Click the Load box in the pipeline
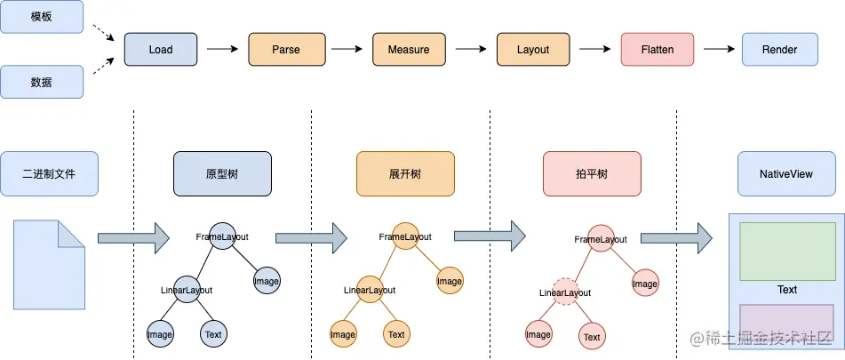tap(161, 50)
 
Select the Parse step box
tap(285, 50)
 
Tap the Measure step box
tap(409, 50)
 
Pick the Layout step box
tap(533, 50)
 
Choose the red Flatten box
tap(657, 50)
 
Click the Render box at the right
tap(779, 50)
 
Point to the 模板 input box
tap(41, 18)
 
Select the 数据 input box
tap(41, 82)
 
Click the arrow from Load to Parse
tap(222, 50)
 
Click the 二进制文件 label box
tap(49, 174)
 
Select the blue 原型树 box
tap(221, 174)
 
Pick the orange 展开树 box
tap(405, 174)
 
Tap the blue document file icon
tap(50, 264)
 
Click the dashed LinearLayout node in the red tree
tap(565, 292)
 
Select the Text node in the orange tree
tap(396, 334)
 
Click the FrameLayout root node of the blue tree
tap(222, 236)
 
